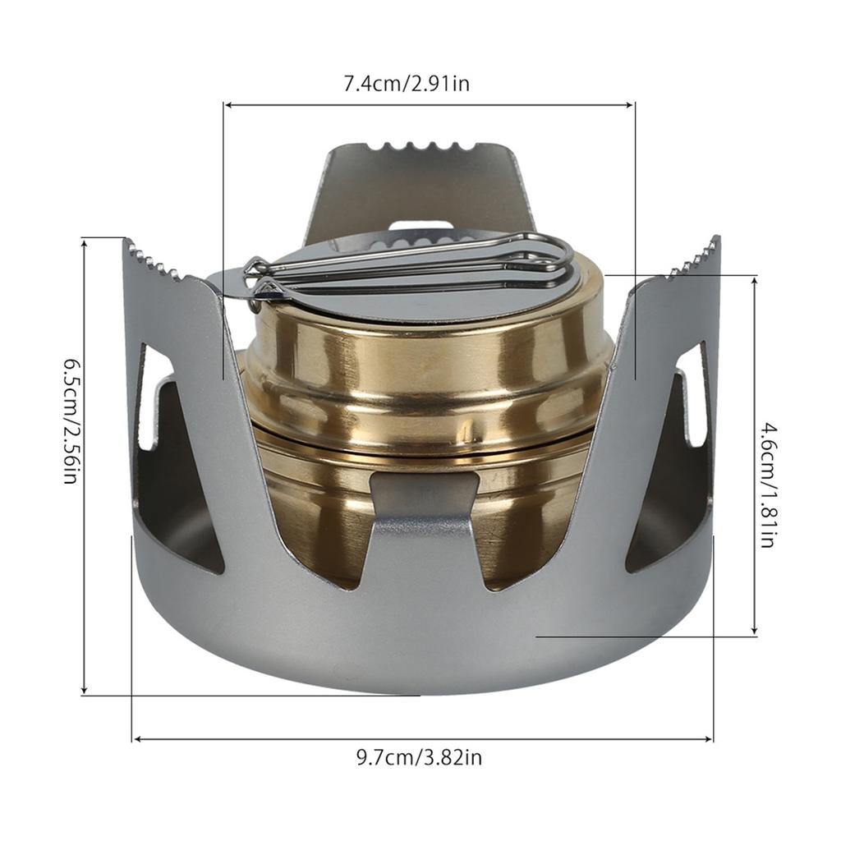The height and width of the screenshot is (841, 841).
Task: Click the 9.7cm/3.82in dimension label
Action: pos(419,757)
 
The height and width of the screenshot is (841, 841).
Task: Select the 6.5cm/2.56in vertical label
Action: pos(70,420)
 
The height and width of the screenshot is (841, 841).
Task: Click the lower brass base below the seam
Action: pos(329,509)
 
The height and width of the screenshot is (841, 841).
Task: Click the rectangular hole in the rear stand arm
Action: pos(420,224)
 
